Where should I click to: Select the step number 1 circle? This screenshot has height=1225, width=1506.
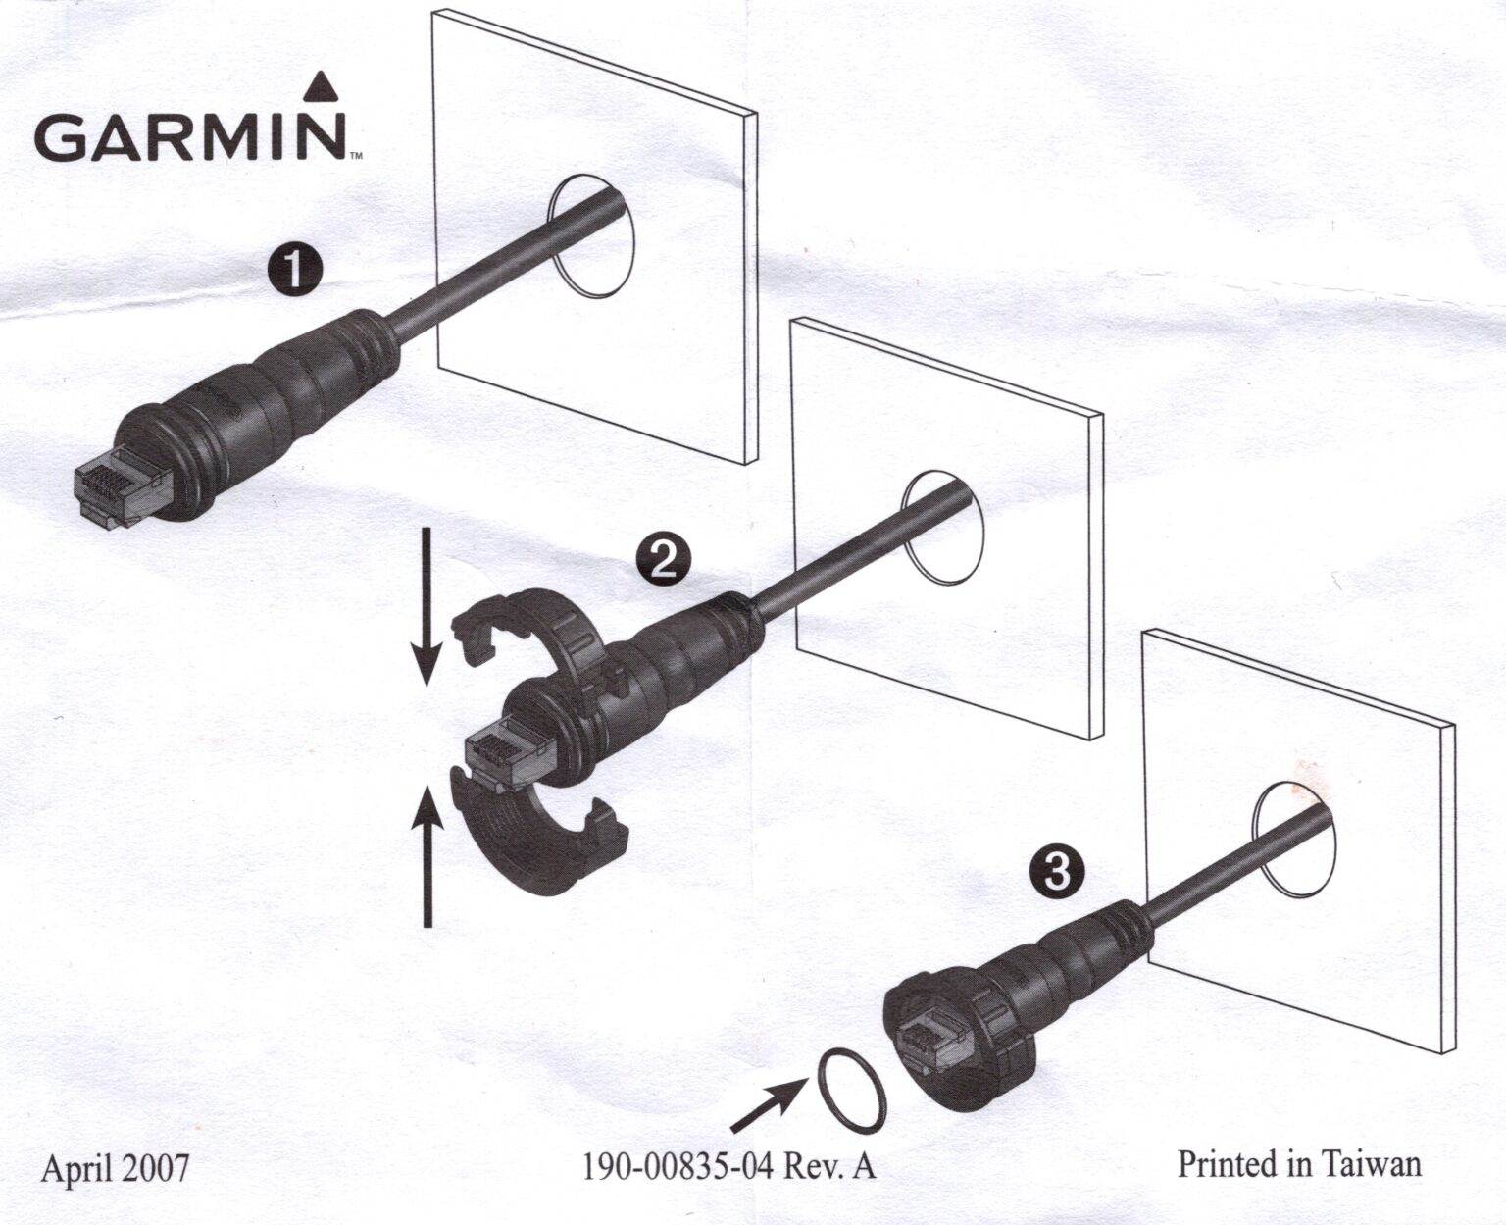(x=295, y=268)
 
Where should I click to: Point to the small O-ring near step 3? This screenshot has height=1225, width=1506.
(x=849, y=1087)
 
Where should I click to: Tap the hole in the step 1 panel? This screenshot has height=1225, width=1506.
(x=593, y=236)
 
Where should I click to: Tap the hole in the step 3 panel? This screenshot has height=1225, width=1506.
(x=1293, y=839)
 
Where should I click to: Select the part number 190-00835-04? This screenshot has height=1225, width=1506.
(x=678, y=1166)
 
